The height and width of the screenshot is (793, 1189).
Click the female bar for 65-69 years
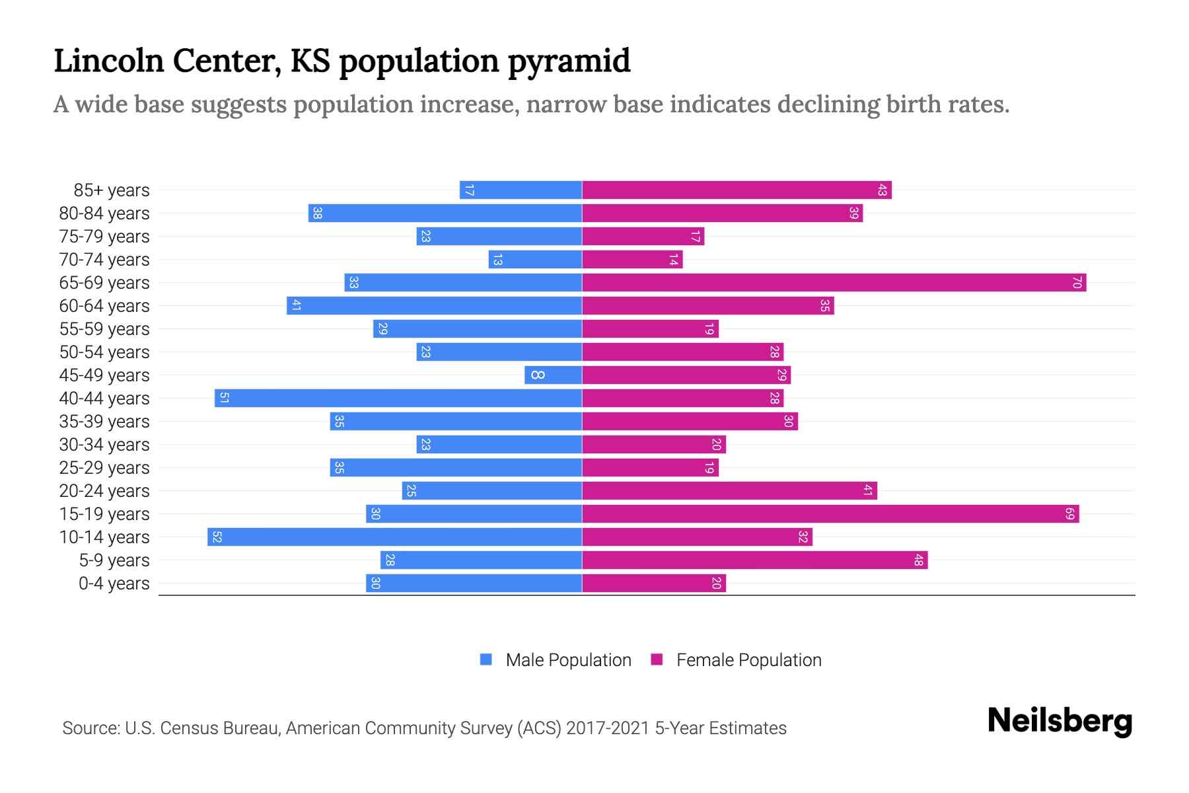pos(834,283)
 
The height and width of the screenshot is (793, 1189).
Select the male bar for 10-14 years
pos(394,537)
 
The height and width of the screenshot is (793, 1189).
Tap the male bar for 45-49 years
pos(553,375)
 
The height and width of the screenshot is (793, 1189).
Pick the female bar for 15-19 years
pos(830,514)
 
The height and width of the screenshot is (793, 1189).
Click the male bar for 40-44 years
pos(398,398)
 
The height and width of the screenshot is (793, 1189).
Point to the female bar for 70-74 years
pos(632,260)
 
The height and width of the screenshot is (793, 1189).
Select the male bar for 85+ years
pos(521,190)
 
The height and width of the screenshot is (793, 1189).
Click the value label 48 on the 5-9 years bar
pos(918,560)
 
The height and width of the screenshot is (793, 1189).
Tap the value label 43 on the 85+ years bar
pos(882,190)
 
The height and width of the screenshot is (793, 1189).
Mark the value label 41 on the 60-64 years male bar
pos(296,306)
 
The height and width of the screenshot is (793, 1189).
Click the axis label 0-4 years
pos(114,584)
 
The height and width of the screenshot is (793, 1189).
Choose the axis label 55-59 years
pos(104,329)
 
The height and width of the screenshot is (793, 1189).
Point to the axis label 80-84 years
pos(104,213)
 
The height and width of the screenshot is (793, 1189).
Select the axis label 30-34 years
pos(104,445)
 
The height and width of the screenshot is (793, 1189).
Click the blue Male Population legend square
pos(486,660)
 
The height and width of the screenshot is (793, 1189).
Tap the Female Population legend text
pos(748,660)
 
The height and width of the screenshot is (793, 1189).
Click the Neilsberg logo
pos(1060,721)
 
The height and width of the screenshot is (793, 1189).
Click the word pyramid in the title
pos(569,61)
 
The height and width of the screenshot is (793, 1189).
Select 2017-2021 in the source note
pos(608,728)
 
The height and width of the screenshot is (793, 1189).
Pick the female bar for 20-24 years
pos(729,491)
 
